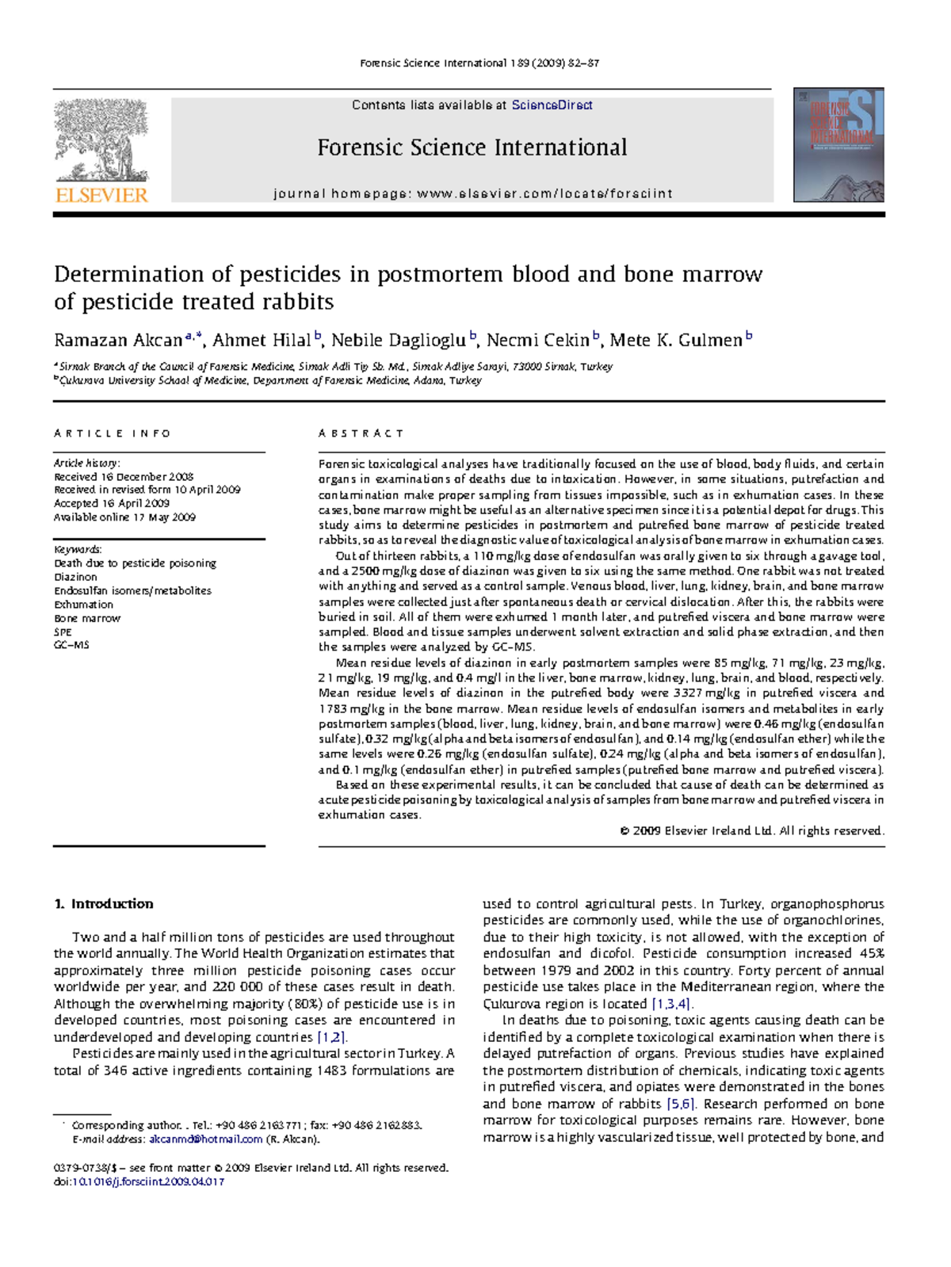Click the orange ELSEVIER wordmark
pos(101,195)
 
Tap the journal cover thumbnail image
pos(838,145)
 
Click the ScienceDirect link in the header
pos(552,105)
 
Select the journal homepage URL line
pos(472,193)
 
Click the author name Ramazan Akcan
pos(118,341)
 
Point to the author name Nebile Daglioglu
pos(398,341)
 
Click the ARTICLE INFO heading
pos(112,433)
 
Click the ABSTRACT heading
pos(361,433)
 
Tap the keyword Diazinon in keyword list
pos(75,577)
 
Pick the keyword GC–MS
pos(71,645)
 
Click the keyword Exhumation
pos(83,605)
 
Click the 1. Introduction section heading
pos(103,904)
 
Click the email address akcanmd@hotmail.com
pos(205,1139)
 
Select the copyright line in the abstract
pos(751,830)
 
